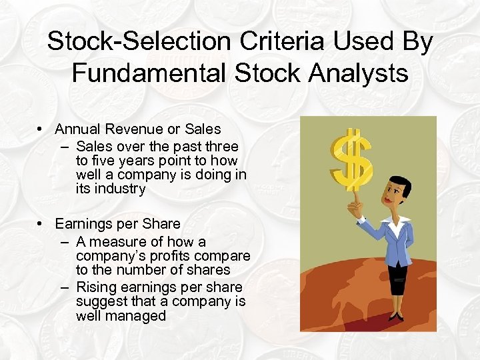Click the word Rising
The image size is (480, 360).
[97, 287]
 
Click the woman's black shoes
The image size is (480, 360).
[396, 315]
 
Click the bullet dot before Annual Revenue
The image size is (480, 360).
[41, 129]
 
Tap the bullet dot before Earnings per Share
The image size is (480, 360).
[41, 223]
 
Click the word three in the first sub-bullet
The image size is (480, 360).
[221, 146]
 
